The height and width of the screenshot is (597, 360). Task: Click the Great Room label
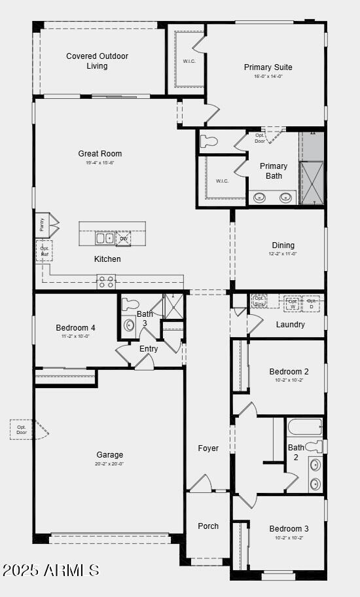pyautogui.click(x=100, y=154)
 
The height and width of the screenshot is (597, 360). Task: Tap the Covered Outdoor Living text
pyautogui.click(x=97, y=61)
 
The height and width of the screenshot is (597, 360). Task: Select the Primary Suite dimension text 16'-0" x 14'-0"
pyautogui.click(x=268, y=77)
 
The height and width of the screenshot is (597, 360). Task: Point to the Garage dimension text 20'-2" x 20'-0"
pyautogui.click(x=109, y=464)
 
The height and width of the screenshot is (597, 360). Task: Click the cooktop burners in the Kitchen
pyautogui.click(x=106, y=282)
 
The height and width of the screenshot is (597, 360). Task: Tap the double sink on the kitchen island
pyautogui.click(x=105, y=238)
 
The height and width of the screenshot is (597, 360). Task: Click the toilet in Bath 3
pyautogui.click(x=131, y=304)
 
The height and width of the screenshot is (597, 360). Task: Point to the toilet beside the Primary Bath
pyautogui.click(x=208, y=141)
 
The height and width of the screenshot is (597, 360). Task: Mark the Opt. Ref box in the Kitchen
pyautogui.click(x=44, y=251)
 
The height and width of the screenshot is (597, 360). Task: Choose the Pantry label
pyautogui.click(x=41, y=224)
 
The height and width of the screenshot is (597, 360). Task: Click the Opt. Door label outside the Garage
pyautogui.click(x=22, y=429)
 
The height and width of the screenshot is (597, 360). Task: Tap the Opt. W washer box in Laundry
pyautogui.click(x=292, y=303)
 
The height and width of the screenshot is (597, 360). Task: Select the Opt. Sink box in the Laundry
pyautogui.click(x=259, y=301)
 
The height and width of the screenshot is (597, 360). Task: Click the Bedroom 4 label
pyautogui.click(x=75, y=327)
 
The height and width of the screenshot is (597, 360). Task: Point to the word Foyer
pyautogui.click(x=208, y=448)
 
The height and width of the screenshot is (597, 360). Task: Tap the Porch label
pyautogui.click(x=208, y=526)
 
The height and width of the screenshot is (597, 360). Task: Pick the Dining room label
pyautogui.click(x=283, y=245)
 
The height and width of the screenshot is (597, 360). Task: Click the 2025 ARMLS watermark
pyautogui.click(x=50, y=570)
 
